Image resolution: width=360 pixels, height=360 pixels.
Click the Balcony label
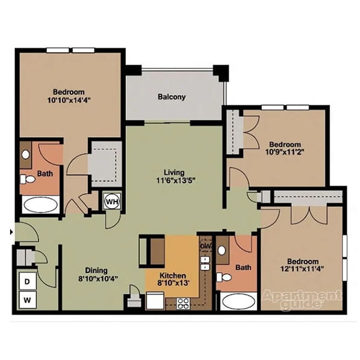(x=171, y=97)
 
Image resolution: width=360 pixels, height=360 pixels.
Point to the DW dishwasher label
(x=205, y=246)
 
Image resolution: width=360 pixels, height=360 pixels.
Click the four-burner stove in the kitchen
(x=183, y=303)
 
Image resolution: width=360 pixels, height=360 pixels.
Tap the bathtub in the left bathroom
(x=40, y=205)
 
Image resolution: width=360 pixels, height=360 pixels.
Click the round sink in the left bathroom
(x=26, y=155)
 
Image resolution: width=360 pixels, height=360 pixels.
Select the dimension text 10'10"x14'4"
(x=69, y=100)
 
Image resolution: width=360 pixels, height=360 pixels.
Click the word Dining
(x=96, y=270)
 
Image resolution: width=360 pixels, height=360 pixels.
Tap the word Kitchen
(x=172, y=276)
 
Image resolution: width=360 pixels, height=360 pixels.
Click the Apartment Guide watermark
(x=301, y=300)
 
